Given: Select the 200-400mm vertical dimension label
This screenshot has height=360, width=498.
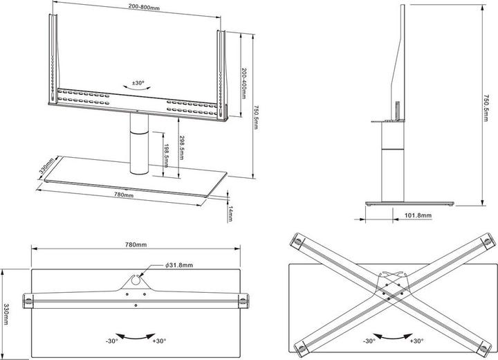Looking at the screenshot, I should coord(245,82).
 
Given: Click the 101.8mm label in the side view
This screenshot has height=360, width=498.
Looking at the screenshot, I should coord(417,216).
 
